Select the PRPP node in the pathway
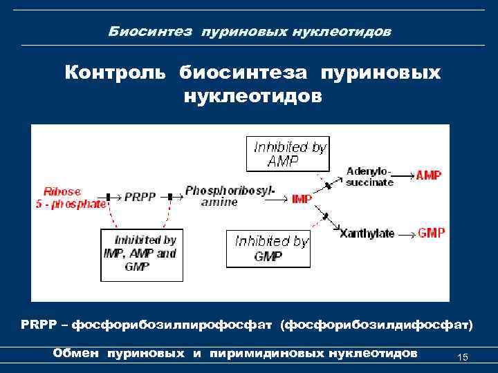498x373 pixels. point(145,197)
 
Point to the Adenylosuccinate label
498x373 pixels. point(369,177)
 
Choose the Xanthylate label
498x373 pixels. point(367,233)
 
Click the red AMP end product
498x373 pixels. point(429,175)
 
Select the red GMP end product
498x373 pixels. point(432,233)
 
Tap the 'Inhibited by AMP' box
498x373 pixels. point(288,153)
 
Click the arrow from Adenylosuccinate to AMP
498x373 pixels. point(404,176)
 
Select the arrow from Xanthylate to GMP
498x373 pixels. point(405,233)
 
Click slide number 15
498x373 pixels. point(463,357)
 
